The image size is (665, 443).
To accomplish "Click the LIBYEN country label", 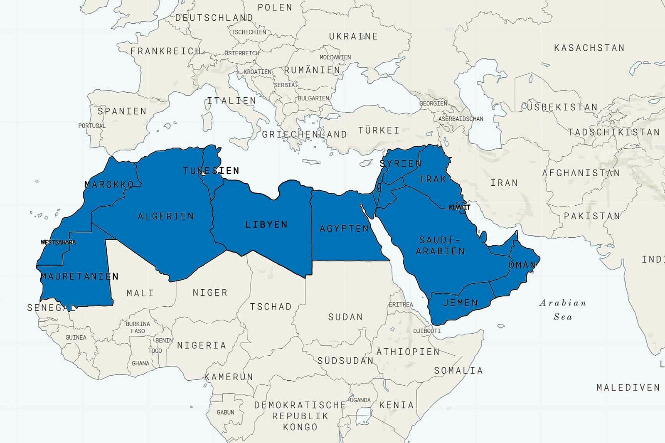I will [x=266, y=224].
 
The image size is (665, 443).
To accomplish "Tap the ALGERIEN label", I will [x=166, y=216].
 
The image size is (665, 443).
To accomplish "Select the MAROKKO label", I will [x=109, y=185].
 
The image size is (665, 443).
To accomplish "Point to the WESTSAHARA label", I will [x=58, y=242].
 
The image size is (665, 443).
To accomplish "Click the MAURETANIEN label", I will [x=79, y=276].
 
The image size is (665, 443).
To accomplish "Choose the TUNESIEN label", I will [x=211, y=170].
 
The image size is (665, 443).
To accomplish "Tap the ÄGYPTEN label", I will [x=344, y=228].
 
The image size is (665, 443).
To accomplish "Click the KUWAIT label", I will [x=459, y=207].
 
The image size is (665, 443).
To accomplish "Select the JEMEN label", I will [x=461, y=303].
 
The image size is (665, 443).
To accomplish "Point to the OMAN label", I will [x=522, y=265].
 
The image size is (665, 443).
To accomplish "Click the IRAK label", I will [x=433, y=179].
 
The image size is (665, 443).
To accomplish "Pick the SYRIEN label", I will [x=401, y=163].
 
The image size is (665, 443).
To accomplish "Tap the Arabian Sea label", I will [x=563, y=310].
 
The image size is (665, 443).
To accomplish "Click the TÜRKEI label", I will [x=379, y=130].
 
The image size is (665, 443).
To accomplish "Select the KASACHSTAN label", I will [x=589, y=48].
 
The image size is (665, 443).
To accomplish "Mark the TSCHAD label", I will [x=271, y=307].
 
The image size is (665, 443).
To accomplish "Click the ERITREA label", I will [x=401, y=305].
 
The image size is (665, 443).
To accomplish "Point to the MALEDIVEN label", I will [x=628, y=387].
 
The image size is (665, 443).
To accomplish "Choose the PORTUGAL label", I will [x=92, y=126].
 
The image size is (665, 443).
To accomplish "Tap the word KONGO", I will [x=300, y=427].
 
